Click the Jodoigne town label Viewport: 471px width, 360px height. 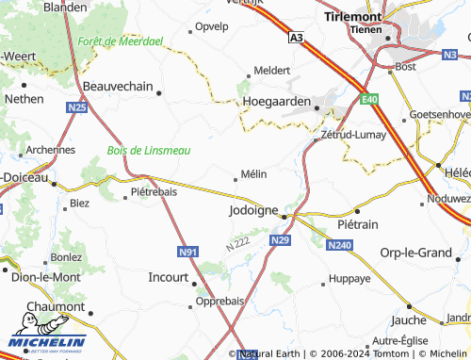tap(252, 211)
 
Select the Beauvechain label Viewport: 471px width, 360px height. tap(118, 86)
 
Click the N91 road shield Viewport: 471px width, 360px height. tap(187, 252)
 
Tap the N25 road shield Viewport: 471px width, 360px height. tap(77, 108)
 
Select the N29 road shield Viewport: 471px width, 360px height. tap(279, 242)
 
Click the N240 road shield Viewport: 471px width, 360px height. tap(339, 245)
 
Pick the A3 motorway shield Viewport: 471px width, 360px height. tap(297, 38)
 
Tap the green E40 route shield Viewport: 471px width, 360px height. tap(368, 97)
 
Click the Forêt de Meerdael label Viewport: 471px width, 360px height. tap(121, 41)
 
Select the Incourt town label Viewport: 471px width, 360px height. tap(169, 277)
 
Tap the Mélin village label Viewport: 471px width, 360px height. tap(253, 173)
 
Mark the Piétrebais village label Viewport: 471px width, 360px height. tap(153, 191)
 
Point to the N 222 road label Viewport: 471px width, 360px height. tap(237, 243)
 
